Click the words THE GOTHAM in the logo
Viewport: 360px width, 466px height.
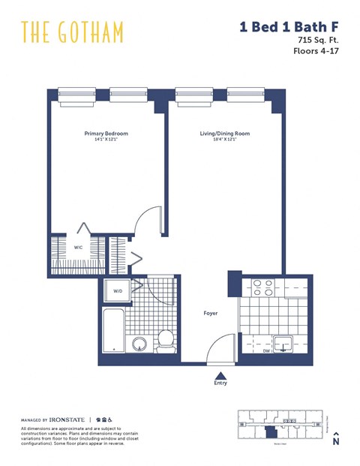(72, 32)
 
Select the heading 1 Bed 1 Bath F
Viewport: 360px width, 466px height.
(288, 28)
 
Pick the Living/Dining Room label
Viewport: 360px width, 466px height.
(224, 134)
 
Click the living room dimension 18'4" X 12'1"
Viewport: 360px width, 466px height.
(224, 140)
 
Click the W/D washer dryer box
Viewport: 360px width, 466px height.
(118, 291)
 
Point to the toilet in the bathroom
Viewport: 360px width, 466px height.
(166, 341)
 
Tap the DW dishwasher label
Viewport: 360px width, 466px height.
(266, 350)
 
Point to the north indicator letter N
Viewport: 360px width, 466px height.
(337, 443)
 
